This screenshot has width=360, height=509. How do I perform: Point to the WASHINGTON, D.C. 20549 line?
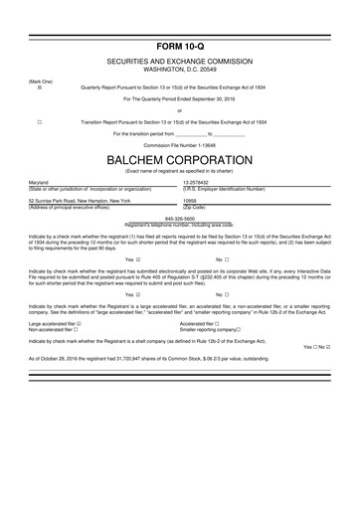[x=179, y=72]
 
